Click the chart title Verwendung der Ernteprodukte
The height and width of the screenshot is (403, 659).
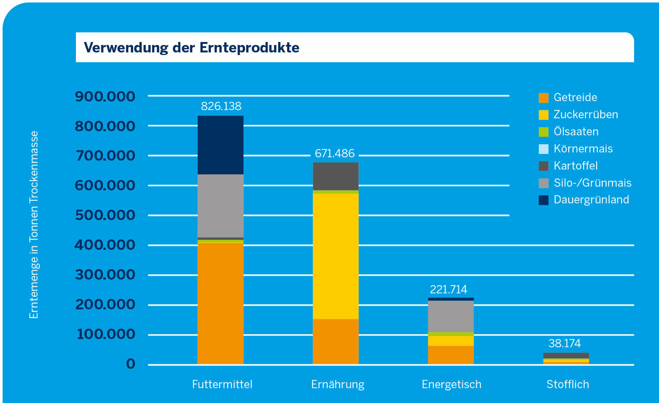(192, 47)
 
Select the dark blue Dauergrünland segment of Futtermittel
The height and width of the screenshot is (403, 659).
(220, 145)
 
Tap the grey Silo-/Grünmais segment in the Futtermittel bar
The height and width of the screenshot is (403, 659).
(220, 205)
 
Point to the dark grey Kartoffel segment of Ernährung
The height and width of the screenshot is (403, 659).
(335, 176)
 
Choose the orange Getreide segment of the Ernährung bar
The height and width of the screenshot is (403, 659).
(335, 342)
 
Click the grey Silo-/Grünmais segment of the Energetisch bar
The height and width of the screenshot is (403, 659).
(451, 316)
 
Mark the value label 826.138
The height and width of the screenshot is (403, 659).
(221, 106)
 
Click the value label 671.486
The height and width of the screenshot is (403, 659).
(334, 153)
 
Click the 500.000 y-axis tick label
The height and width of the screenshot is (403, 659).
(105, 215)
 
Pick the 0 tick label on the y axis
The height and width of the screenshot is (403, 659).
(131, 364)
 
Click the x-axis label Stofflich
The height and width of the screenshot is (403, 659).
(568, 385)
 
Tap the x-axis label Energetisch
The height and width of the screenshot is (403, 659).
(451, 385)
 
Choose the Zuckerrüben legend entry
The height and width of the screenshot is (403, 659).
(585, 115)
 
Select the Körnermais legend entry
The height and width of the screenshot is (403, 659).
(583, 149)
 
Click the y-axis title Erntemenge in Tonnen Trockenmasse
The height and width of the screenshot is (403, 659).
(34, 225)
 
